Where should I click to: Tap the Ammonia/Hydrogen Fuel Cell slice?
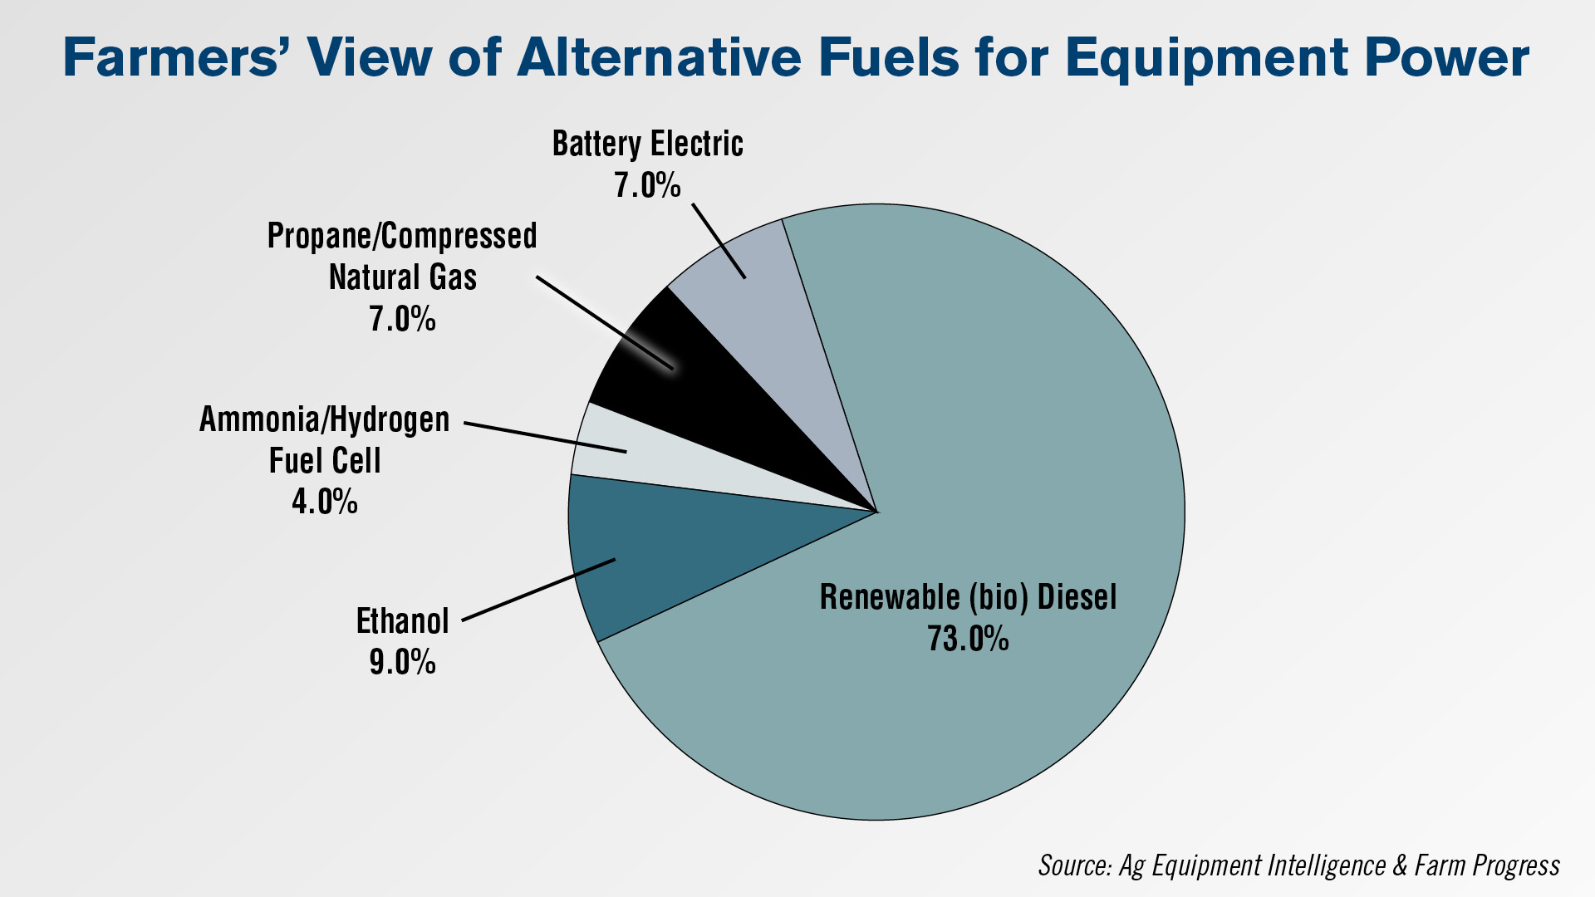coord(631,461)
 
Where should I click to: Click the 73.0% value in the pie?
coord(968,639)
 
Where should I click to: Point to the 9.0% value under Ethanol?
coord(403,662)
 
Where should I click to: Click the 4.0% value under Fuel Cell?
coord(325,501)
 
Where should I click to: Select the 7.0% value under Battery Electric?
coord(647,184)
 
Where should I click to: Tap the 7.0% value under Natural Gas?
coord(403,318)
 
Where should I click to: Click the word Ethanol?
coord(403,620)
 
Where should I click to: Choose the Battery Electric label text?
coord(648,144)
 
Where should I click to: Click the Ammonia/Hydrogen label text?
coord(325,419)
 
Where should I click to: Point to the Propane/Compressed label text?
coord(402,237)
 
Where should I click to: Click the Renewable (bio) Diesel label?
coord(969,597)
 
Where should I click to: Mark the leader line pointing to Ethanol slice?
coord(538,590)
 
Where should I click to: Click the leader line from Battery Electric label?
coord(719,241)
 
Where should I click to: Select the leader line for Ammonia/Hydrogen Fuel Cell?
coord(545,438)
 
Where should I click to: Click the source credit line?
coord(1299,865)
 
